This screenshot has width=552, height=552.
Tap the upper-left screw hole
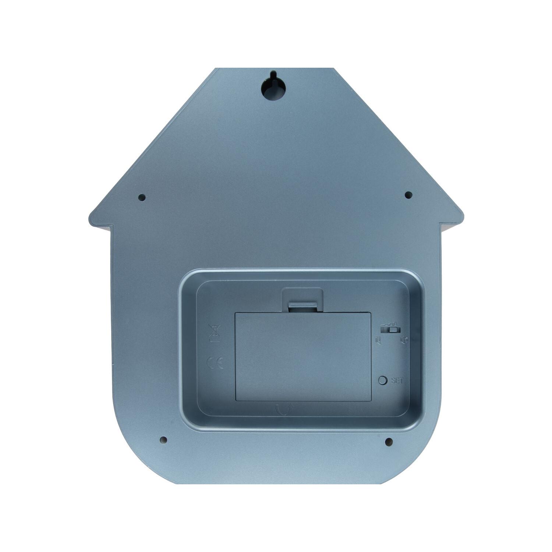142,198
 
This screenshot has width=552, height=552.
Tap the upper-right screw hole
408,195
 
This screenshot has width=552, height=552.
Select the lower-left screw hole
164,440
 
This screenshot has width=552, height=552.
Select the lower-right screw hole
389,442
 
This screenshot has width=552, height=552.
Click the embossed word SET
397,381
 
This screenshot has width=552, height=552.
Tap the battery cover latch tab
302,306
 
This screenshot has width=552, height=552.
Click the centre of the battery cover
302,357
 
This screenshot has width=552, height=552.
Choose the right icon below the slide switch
404,340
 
